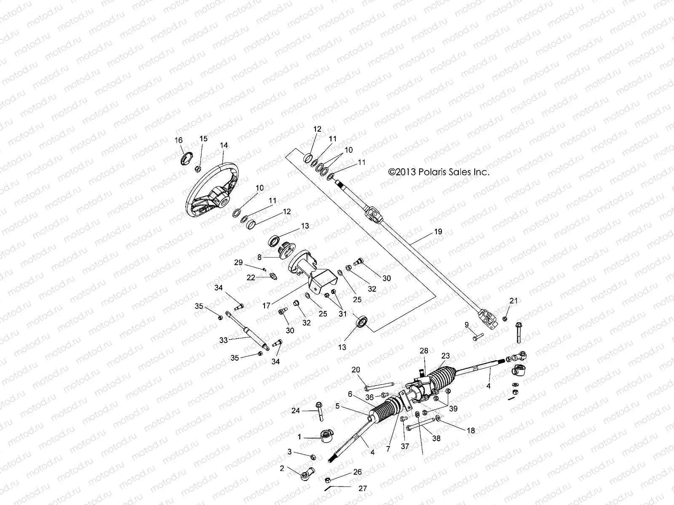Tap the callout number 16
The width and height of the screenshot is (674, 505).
click(x=179, y=140)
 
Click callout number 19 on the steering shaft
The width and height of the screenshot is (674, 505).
click(x=438, y=232)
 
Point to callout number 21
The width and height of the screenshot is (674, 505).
click(x=513, y=300)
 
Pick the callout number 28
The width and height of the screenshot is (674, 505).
click(x=424, y=351)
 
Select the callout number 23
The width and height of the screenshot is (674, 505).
click(x=446, y=355)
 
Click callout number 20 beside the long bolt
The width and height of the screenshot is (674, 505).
click(x=356, y=369)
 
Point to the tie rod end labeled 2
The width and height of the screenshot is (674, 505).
click(x=306, y=475)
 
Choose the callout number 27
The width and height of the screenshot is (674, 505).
click(x=363, y=488)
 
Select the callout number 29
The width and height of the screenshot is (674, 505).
click(x=239, y=263)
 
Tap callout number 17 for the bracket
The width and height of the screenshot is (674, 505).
click(x=266, y=306)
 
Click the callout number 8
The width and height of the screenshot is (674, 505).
click(x=271, y=256)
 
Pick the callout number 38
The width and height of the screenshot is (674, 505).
click(x=436, y=438)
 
